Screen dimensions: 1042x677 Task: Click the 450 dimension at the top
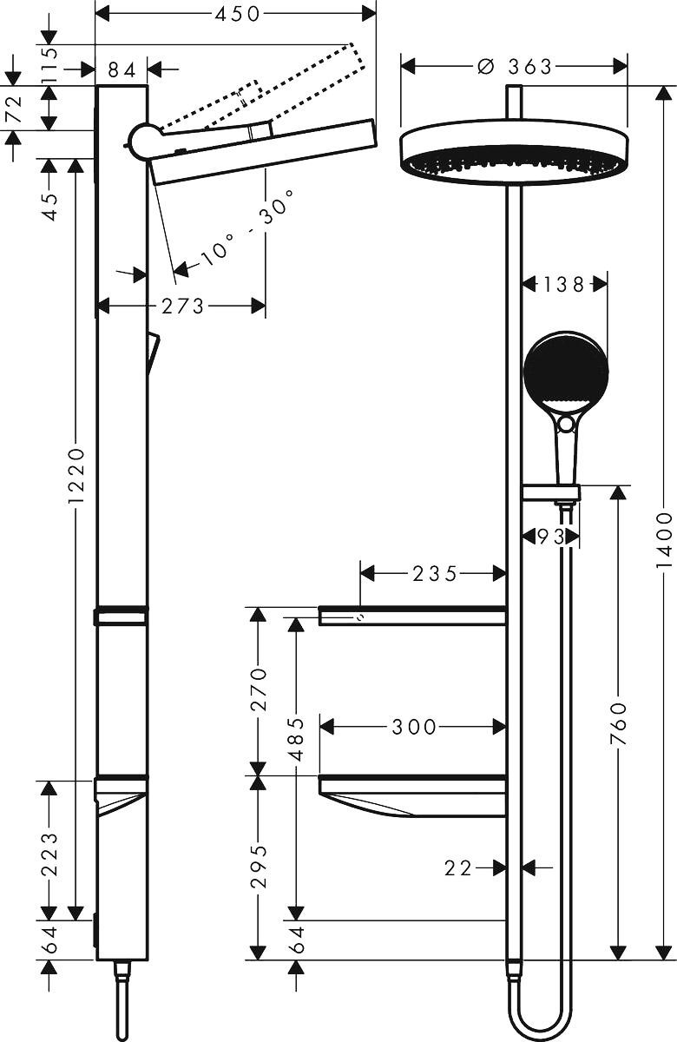[235, 14]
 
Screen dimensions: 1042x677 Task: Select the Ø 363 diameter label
[515, 67]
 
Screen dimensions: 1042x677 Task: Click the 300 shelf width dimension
[414, 727]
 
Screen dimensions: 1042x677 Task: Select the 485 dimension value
[296, 739]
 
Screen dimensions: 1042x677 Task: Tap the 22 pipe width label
[460, 867]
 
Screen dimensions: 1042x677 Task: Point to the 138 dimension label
[563, 284]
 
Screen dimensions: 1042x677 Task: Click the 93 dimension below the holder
[550, 537]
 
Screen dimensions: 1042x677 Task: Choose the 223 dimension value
[49, 855]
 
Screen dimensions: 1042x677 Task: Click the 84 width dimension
[122, 69]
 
